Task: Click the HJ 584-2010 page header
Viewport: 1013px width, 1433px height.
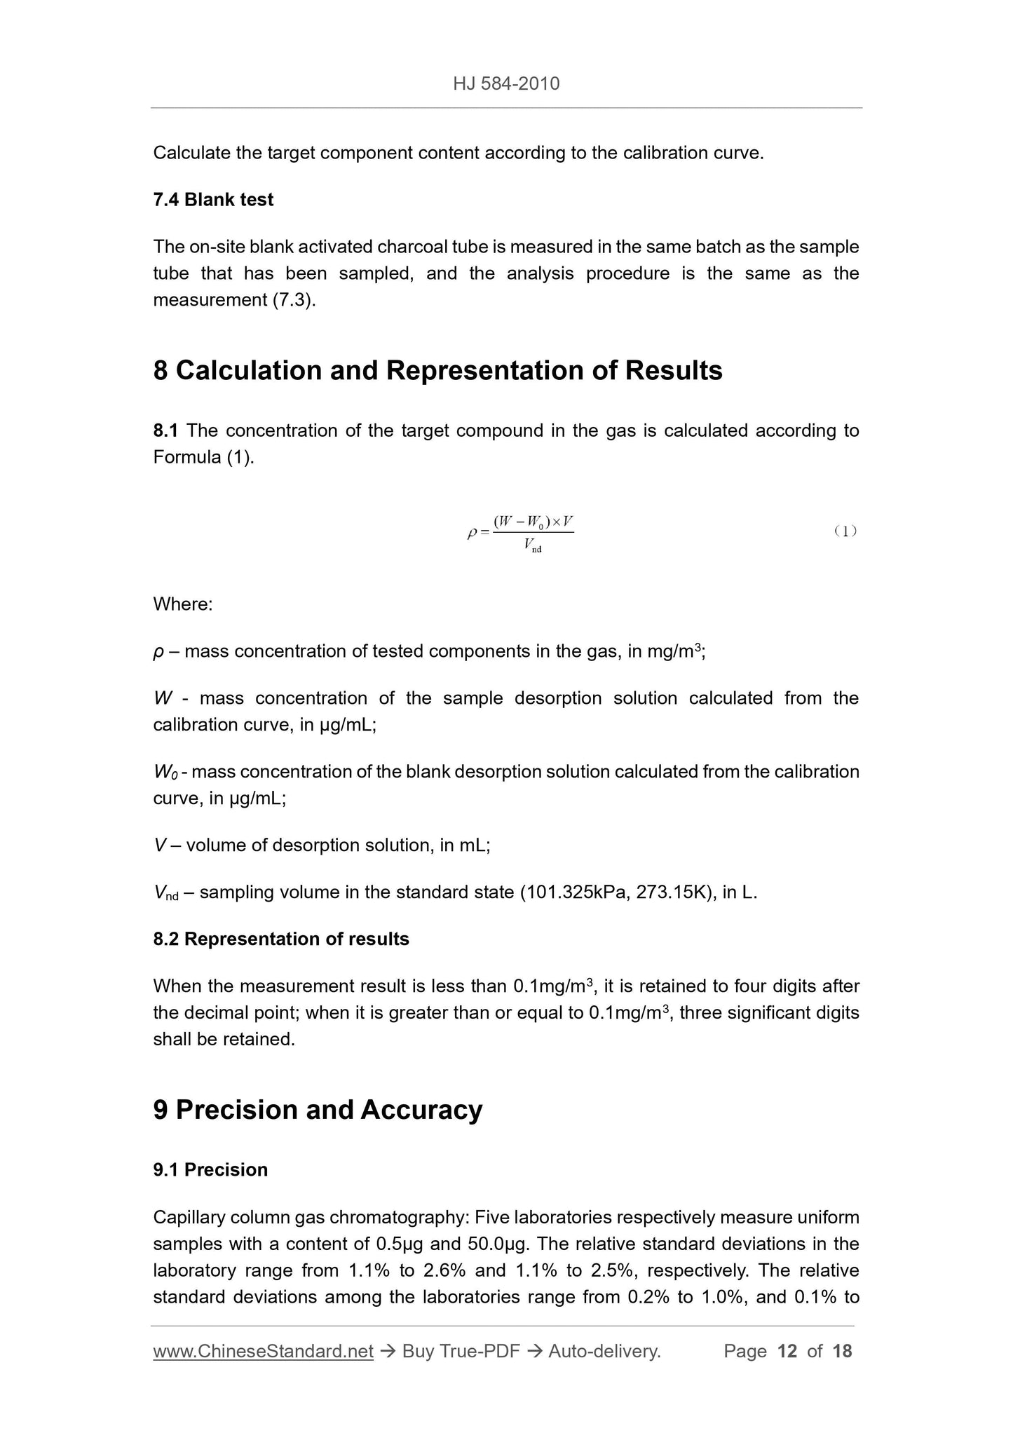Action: [506, 84]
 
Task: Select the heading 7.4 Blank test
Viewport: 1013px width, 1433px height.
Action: [213, 200]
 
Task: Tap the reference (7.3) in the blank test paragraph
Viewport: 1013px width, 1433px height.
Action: [293, 300]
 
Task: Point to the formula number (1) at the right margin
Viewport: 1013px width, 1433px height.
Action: [845, 531]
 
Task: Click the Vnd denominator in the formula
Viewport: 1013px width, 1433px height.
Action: [531, 546]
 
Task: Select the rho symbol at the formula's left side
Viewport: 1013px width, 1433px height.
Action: [472, 533]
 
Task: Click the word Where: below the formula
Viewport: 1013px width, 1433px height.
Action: [182, 604]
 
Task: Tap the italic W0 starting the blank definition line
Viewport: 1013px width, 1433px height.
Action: [168, 772]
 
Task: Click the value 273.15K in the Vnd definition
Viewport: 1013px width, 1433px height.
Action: [674, 892]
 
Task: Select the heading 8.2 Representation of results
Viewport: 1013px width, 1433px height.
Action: [280, 939]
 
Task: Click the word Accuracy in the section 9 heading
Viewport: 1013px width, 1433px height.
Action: [421, 1110]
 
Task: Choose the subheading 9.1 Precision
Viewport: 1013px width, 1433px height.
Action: [210, 1169]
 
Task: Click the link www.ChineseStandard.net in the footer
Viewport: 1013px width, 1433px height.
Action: [263, 1351]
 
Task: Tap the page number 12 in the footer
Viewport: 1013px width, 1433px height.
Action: [787, 1351]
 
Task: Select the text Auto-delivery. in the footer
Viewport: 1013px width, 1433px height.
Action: [604, 1351]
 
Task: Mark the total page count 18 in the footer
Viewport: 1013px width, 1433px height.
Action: [842, 1351]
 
